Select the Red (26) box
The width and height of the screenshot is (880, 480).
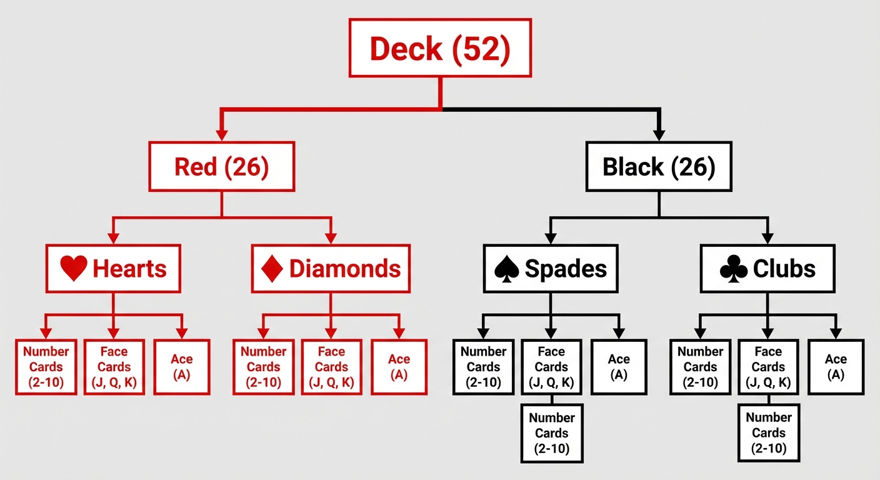[221, 166]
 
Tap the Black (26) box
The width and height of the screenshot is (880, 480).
[659, 166]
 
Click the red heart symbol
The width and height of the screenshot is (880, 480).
[74, 269]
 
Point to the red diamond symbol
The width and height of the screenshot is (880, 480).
[273, 269]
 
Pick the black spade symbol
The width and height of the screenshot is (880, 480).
[507, 269]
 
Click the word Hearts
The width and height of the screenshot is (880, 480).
[129, 269]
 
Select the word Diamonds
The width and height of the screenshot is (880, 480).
[344, 269]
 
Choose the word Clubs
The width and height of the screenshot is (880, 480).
[784, 269]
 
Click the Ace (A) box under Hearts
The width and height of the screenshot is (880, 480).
[182, 367]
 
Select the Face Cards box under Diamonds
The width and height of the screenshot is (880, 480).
[331, 367]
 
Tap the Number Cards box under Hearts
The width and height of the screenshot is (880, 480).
[46, 367]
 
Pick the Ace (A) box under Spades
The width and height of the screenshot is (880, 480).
[619, 367]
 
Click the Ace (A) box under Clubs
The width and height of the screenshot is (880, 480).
[836, 367]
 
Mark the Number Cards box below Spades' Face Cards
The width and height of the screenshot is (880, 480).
[552, 433]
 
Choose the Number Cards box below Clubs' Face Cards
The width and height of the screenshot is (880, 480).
[769, 433]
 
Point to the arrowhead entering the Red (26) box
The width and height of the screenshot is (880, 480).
[221, 134]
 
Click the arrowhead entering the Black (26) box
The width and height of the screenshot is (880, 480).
[659, 134]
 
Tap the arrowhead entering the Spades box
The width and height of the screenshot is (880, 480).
[551, 238]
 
